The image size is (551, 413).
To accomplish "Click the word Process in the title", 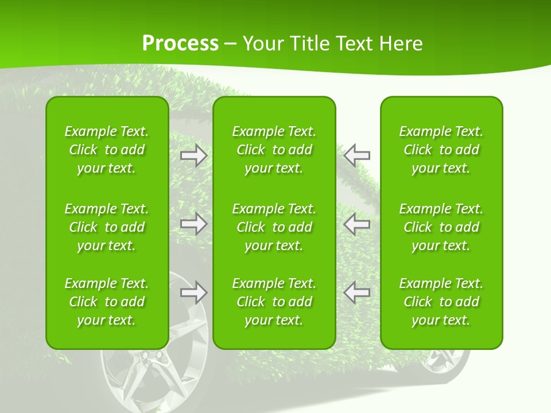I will pyautogui.click(x=180, y=44).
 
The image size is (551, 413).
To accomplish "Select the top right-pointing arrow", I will pyautogui.click(x=194, y=155).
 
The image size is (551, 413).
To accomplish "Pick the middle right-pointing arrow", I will pyautogui.click(x=194, y=224).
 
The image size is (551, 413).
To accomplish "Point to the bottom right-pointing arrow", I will pyautogui.click(x=194, y=292).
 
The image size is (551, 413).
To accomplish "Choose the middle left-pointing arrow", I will pyautogui.click(x=357, y=224).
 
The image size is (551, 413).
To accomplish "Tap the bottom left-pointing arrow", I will pyautogui.click(x=357, y=292).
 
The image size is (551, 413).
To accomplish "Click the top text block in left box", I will pyautogui.click(x=107, y=150).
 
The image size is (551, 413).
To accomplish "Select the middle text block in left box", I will pyautogui.click(x=107, y=227).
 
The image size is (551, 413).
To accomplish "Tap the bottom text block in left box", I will pyautogui.click(x=107, y=302).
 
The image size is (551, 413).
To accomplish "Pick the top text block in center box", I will pyautogui.click(x=274, y=150).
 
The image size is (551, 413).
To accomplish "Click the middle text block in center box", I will pyautogui.click(x=274, y=227).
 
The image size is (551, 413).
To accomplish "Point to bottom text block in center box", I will pyautogui.click(x=274, y=302).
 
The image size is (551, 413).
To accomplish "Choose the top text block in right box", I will pyautogui.click(x=441, y=150).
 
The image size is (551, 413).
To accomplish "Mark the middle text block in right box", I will pyautogui.click(x=441, y=227).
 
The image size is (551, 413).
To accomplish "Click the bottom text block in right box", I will pyautogui.click(x=441, y=302).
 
